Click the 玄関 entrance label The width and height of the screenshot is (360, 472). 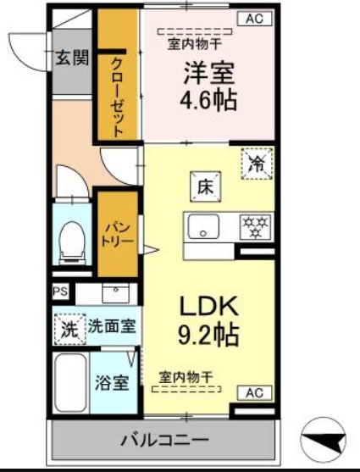72,58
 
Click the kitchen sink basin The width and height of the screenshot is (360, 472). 203,226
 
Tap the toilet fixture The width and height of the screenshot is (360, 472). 74,242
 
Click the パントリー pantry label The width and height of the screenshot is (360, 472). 118,234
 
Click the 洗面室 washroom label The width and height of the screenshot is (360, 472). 113,326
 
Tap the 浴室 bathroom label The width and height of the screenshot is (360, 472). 112,382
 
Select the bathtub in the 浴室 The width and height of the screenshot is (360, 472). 70,383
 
